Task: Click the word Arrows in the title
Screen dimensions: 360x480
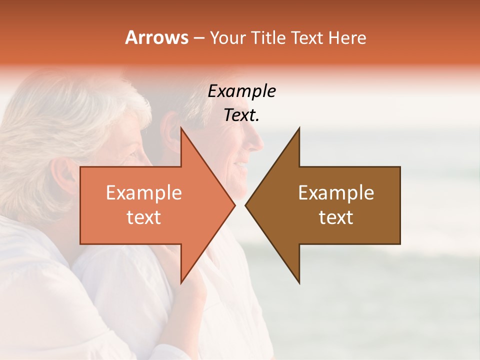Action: tap(156, 37)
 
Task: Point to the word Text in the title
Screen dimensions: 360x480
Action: tap(306, 38)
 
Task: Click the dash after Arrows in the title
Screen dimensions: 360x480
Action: tap(198, 38)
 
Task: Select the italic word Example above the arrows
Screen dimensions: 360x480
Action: tap(242, 91)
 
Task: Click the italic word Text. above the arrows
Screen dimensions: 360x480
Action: tap(242, 115)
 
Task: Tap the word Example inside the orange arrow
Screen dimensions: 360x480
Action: tap(144, 192)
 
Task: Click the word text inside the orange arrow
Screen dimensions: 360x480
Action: tap(144, 217)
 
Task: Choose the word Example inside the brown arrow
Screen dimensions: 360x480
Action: tap(336, 192)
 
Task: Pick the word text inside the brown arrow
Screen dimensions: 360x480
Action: tap(336, 217)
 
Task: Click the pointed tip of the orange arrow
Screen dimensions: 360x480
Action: tap(234, 205)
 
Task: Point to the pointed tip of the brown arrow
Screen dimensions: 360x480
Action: tap(246, 205)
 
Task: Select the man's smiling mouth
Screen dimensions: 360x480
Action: tap(241, 164)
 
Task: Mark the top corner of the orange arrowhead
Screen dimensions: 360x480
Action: tap(181, 128)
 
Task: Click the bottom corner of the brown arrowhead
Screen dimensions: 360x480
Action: tap(299, 283)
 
